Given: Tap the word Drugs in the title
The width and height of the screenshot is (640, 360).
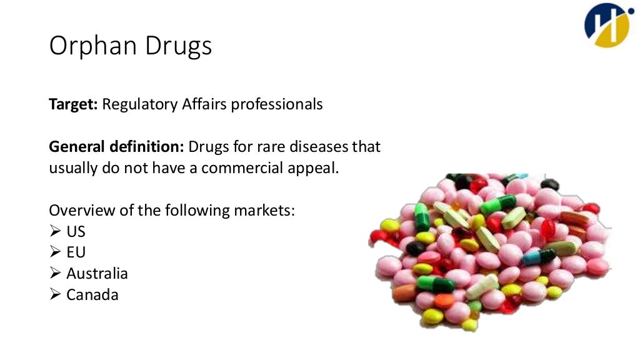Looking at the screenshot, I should [181, 46].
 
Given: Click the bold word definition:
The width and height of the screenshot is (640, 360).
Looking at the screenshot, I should [147, 147].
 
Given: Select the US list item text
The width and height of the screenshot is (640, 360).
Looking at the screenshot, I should [76, 231].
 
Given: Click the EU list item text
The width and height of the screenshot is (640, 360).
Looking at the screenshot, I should [76, 252].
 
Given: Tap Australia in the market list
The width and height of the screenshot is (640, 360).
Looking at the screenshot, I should [97, 274].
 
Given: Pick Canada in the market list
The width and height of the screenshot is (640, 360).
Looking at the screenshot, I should [92, 294].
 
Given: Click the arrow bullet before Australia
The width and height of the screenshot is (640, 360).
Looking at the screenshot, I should [55, 274].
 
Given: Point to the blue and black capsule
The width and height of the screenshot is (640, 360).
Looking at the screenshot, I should [538, 256].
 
